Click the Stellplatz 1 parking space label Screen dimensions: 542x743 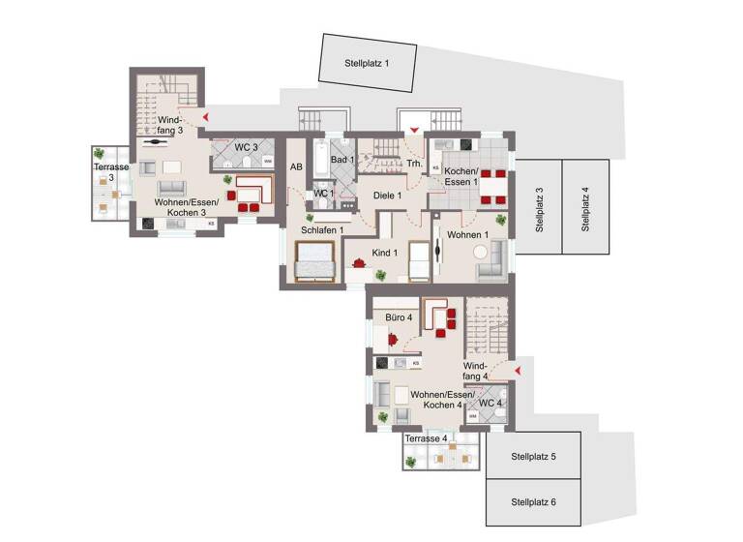coord(367,64)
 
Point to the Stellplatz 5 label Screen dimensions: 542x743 coord(533,456)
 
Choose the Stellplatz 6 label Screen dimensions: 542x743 coord(533,502)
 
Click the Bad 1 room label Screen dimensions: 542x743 coord(342,160)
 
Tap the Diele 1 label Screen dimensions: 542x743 coord(387,195)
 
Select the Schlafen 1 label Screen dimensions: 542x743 coord(321,229)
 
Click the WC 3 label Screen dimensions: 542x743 coord(245,147)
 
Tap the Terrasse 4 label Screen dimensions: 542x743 coord(426,438)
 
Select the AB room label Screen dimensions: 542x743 coord(296,166)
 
